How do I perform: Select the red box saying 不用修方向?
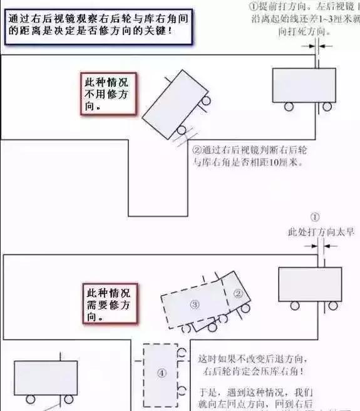(108, 95)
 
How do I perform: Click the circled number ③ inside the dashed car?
(195, 304)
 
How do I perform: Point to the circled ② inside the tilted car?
(238, 293)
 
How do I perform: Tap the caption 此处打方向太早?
(321, 232)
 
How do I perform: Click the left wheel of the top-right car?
(289, 107)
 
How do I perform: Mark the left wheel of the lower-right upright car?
(294, 306)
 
